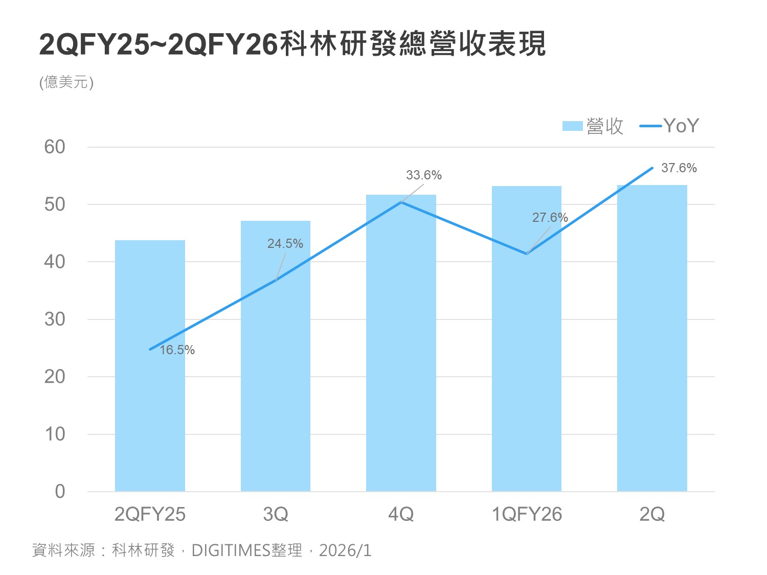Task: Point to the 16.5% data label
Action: coord(177,350)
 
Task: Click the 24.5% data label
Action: coord(285,244)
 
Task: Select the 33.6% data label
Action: coord(424,175)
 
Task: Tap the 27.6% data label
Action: coord(550,218)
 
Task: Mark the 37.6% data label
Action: coord(679,168)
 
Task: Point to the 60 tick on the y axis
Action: coord(55,147)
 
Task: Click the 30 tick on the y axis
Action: coord(55,319)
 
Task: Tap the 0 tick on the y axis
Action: coord(60,492)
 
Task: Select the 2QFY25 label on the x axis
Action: coord(150,514)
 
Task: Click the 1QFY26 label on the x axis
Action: coord(527,514)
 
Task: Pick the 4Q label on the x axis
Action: coord(401,514)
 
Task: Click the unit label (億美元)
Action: coord(66,82)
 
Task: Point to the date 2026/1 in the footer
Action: coord(345,550)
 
